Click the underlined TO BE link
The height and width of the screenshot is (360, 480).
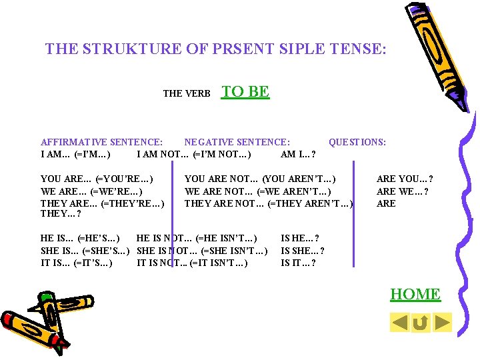245,92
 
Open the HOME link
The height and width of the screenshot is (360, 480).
415,294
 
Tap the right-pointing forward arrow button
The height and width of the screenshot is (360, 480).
442,323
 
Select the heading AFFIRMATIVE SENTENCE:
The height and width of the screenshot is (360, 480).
101,142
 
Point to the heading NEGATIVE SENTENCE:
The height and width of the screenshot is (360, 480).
237,142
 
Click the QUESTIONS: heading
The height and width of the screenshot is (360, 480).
357,142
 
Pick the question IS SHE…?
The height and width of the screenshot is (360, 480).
303,251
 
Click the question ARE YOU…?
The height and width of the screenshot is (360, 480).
405,179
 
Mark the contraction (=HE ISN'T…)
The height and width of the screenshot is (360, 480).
227,238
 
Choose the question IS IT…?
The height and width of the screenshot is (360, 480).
298,263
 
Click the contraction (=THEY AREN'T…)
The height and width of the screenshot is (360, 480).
310,203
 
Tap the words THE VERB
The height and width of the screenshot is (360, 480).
187,94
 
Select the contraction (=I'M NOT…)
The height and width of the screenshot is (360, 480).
221,155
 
